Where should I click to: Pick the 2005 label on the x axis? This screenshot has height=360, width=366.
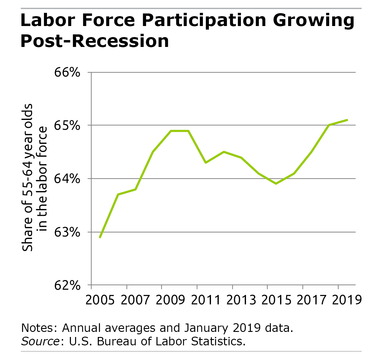point(100,300)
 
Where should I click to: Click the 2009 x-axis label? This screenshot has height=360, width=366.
point(171,300)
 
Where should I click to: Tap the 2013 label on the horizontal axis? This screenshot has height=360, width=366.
point(241,300)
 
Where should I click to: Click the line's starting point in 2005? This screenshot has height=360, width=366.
point(100,237)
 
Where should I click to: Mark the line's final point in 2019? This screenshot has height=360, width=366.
point(347,120)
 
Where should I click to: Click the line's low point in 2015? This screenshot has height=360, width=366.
point(276,184)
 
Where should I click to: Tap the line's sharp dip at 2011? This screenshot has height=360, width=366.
point(206,163)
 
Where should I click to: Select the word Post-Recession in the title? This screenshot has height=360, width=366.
point(95,41)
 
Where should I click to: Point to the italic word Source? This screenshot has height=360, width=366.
point(40,341)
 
